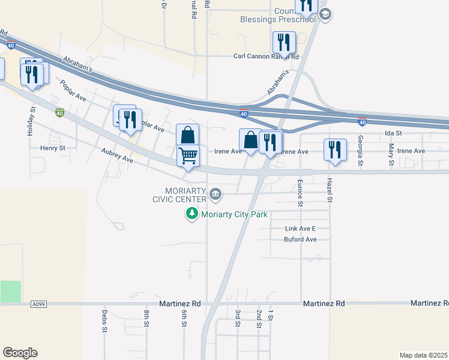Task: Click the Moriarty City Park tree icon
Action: [x=192, y=214]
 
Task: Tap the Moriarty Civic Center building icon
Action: [x=216, y=194]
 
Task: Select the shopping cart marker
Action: [x=188, y=156]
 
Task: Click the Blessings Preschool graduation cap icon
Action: [x=325, y=14]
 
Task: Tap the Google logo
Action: [x=20, y=353]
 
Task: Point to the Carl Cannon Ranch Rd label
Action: [x=266, y=57]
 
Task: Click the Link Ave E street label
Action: [x=300, y=229]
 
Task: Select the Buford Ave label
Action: [x=300, y=239]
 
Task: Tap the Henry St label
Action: [x=52, y=148]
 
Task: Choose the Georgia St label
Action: [x=361, y=151]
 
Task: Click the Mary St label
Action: [x=391, y=155]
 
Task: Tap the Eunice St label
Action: [x=300, y=191]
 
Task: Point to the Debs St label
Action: [x=104, y=322]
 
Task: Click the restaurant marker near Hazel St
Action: [x=334, y=150]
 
